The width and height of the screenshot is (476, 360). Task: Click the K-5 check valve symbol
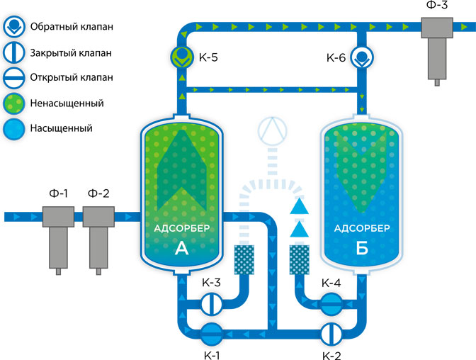coord(182,55)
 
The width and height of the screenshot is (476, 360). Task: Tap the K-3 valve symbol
coord(211,304)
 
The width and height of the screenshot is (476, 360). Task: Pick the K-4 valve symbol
coord(331,304)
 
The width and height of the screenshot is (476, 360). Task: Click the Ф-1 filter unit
coord(57,233)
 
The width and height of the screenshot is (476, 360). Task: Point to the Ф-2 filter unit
coord(98,233)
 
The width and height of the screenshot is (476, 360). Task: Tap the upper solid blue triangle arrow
coord(300,206)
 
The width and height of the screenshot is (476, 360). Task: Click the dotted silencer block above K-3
coord(244,260)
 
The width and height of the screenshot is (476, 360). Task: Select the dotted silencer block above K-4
coord(300,260)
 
